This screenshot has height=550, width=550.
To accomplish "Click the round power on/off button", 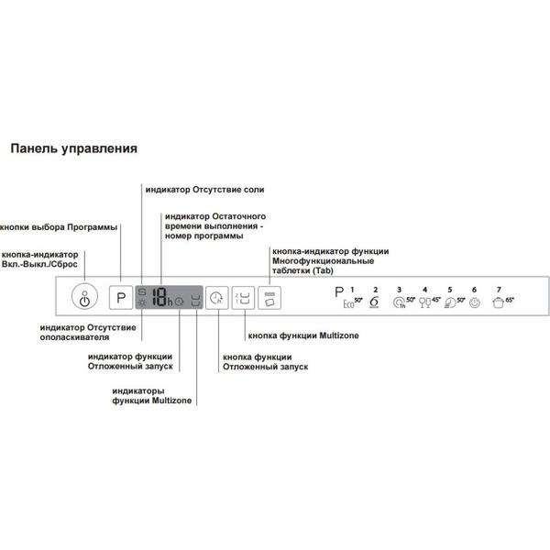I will [x=84, y=299].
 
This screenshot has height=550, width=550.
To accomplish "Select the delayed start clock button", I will [x=216, y=298].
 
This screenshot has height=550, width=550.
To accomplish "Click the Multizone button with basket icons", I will [x=242, y=298].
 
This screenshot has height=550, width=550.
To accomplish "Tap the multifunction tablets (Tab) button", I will [x=269, y=298].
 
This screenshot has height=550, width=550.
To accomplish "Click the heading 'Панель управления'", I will [x=73, y=148].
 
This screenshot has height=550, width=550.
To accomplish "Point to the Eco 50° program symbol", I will [x=353, y=302].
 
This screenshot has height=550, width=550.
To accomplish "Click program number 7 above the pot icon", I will [x=499, y=290].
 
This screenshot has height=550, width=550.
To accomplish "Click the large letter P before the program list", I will [x=329, y=294].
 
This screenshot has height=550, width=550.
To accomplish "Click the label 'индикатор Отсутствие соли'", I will [x=204, y=189].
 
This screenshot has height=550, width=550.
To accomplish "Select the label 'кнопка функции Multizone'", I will [x=303, y=336].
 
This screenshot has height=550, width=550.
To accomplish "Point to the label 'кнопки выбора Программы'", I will [x=59, y=226].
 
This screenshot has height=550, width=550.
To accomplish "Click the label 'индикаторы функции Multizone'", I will [x=152, y=395].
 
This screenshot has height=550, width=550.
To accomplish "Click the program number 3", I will [x=399, y=290].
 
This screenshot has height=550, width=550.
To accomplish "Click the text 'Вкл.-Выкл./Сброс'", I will [x=40, y=264].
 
